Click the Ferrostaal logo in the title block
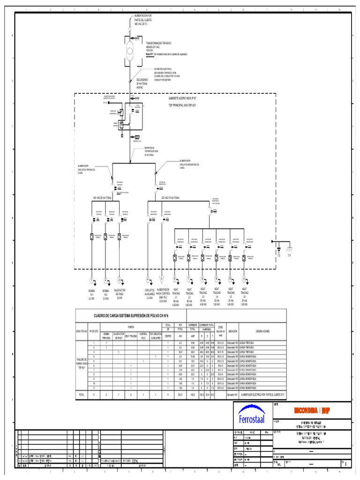pos(251,416)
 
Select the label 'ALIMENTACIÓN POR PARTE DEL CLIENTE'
pos(143,19)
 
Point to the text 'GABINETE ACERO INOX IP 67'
pos(185,99)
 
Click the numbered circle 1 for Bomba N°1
pos(92,280)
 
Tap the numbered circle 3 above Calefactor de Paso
pos(120,280)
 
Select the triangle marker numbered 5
pos(162,280)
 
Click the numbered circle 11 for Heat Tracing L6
pos(244,280)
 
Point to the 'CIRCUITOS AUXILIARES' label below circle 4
pos(149,293)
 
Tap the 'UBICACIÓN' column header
pos(233,331)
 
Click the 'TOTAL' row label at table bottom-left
pos(82,395)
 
